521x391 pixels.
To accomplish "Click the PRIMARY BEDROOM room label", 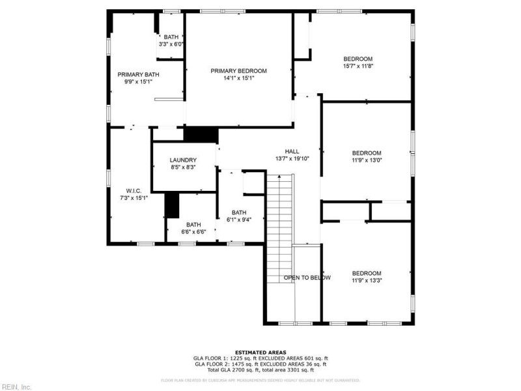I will tap(238, 70).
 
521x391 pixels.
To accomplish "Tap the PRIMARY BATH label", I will tap(138, 74).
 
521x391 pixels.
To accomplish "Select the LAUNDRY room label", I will tap(183, 160).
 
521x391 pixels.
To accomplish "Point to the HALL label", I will tap(292, 151).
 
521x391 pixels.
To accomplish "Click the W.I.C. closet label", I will tap(134, 190).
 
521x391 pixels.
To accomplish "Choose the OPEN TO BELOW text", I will tap(307, 278).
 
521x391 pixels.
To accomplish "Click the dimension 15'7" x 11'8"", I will tap(358, 66).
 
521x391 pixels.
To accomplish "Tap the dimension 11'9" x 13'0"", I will tap(367, 160).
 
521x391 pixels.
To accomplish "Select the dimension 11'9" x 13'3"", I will tap(367, 280).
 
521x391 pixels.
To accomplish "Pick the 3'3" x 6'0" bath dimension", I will tap(171, 44).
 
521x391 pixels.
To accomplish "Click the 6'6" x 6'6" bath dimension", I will tap(193, 231).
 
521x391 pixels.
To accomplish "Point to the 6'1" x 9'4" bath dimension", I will tap(239, 220).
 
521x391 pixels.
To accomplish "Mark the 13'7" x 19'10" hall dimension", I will tap(292, 158).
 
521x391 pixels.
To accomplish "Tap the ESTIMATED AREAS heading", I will tap(260, 353).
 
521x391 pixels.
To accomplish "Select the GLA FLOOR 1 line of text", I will tap(260, 358).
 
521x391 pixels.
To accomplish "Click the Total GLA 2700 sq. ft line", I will tap(260, 369).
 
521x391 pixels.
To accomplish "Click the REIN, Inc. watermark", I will tap(16, 386).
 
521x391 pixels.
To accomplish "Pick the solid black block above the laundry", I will tap(200, 134).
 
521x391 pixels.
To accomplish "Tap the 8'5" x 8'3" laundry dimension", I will tap(183, 167).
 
